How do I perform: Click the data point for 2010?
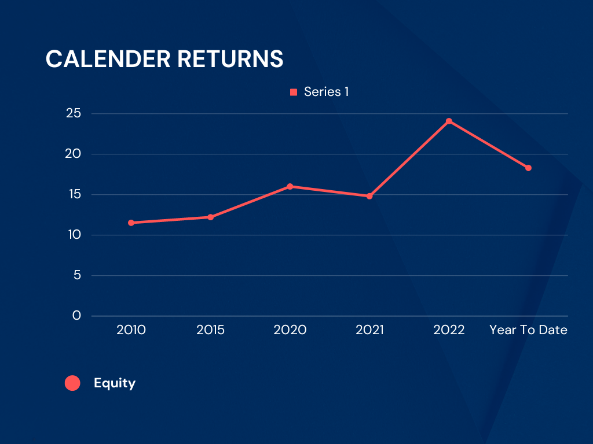pyautogui.click(x=131, y=223)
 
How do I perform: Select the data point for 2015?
pyautogui.click(x=211, y=217)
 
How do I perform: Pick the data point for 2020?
pyautogui.click(x=290, y=187)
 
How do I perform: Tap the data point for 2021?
pyautogui.click(x=369, y=196)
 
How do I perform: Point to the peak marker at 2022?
pyautogui.click(x=449, y=121)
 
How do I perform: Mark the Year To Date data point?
pyautogui.click(x=528, y=168)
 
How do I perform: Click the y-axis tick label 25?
pyautogui.click(x=74, y=113)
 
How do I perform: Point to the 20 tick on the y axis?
pyautogui.click(x=73, y=153)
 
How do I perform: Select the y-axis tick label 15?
pyautogui.click(x=75, y=194)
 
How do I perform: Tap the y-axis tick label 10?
pyautogui.click(x=75, y=235)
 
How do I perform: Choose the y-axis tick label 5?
pyautogui.click(x=77, y=275)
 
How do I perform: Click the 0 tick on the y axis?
pyautogui.click(x=77, y=315)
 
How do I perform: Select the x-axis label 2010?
pyautogui.click(x=131, y=330)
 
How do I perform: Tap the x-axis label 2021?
pyautogui.click(x=369, y=330)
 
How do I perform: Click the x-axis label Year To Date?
pyautogui.click(x=528, y=330)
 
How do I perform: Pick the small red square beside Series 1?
pyautogui.click(x=294, y=92)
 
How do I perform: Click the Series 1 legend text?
pyautogui.click(x=327, y=92)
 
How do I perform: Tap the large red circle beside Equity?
pyautogui.click(x=72, y=383)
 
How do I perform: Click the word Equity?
pyautogui.click(x=115, y=383)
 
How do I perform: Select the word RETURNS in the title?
pyautogui.click(x=230, y=59)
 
